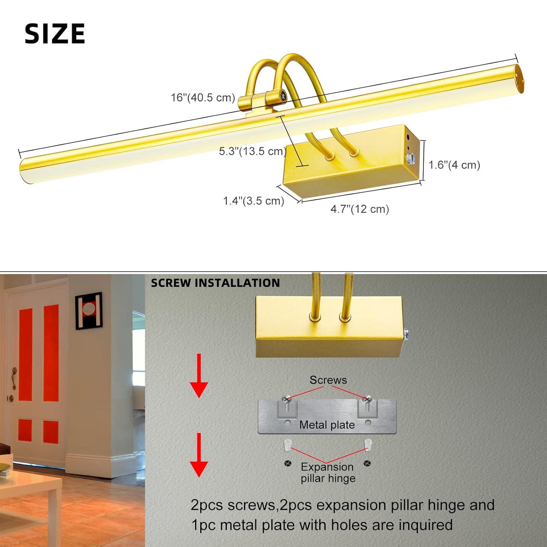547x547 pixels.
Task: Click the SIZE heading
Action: tap(55, 34)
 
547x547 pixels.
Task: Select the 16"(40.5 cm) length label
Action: tap(203, 98)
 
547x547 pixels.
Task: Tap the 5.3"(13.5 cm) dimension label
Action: tap(252, 151)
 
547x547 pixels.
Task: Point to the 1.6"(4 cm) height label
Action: tap(454, 165)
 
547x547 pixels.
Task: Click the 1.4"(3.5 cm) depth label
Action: tap(253, 201)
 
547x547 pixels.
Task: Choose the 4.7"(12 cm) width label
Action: tap(360, 209)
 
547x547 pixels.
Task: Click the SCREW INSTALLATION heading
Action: tap(215, 283)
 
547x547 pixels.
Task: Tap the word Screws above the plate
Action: tap(328, 380)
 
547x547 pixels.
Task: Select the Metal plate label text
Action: tap(327, 425)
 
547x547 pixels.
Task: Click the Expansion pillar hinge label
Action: tap(327, 473)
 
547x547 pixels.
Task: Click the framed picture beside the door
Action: tap(89, 311)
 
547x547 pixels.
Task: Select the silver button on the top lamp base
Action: tap(411, 158)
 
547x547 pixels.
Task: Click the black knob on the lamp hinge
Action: tap(283, 97)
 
